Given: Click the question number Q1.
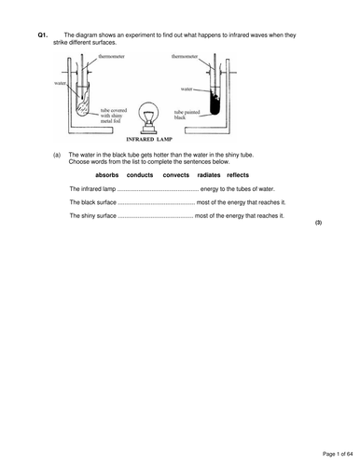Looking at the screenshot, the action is [x=43, y=35].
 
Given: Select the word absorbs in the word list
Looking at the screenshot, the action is [x=107, y=175].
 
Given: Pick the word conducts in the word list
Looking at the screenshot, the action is [x=140, y=175].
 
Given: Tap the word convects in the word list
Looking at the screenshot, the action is [x=176, y=175].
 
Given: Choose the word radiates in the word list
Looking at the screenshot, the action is [x=209, y=175].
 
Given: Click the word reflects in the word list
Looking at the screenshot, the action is [x=238, y=175].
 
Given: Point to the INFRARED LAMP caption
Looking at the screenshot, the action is [x=149, y=139].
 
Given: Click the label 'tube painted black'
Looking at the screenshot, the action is [x=187, y=115].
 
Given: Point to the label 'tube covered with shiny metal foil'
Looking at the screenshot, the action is [x=114, y=116].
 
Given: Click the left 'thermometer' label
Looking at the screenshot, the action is [x=111, y=56].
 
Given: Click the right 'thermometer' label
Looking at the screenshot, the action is [x=185, y=56].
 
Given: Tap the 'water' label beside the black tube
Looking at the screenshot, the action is [x=187, y=89].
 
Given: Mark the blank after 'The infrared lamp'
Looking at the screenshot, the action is [x=158, y=190].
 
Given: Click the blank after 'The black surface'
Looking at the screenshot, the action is [x=157, y=203].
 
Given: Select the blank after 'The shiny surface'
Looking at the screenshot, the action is [x=156, y=217].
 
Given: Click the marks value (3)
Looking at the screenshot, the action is [x=318, y=223].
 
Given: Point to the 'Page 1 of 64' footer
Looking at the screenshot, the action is [x=338, y=454].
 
